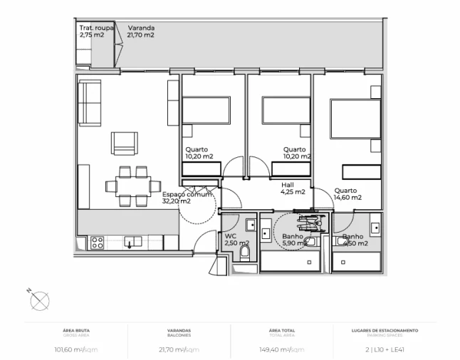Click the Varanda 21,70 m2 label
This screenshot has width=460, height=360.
[x=141, y=31]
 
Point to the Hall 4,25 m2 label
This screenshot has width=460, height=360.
[x=293, y=188]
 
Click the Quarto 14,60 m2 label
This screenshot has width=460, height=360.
[x=347, y=194]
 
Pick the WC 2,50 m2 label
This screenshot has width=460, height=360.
[x=234, y=240]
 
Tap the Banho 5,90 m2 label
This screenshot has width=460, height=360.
[x=294, y=240]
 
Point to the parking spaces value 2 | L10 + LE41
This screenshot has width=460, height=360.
[x=385, y=349]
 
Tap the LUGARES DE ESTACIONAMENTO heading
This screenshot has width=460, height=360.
[x=385, y=330]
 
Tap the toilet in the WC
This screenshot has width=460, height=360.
[x=246, y=252]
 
